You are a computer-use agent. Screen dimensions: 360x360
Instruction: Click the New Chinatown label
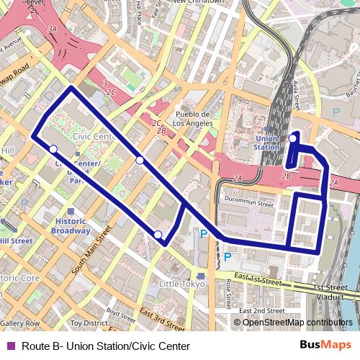[x=199, y=2]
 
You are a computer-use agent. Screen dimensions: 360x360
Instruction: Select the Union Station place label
[x=266, y=143]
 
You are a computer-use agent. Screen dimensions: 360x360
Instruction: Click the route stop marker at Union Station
[x=292, y=138]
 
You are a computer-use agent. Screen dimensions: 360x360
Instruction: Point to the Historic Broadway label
[x=71, y=226]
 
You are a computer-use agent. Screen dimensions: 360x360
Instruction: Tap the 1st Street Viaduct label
[x=334, y=291]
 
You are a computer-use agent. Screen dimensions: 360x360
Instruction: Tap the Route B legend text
[x=101, y=346]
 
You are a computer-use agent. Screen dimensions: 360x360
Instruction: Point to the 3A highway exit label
[x=52, y=28]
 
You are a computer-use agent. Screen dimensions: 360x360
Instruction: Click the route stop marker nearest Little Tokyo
[x=158, y=235]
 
